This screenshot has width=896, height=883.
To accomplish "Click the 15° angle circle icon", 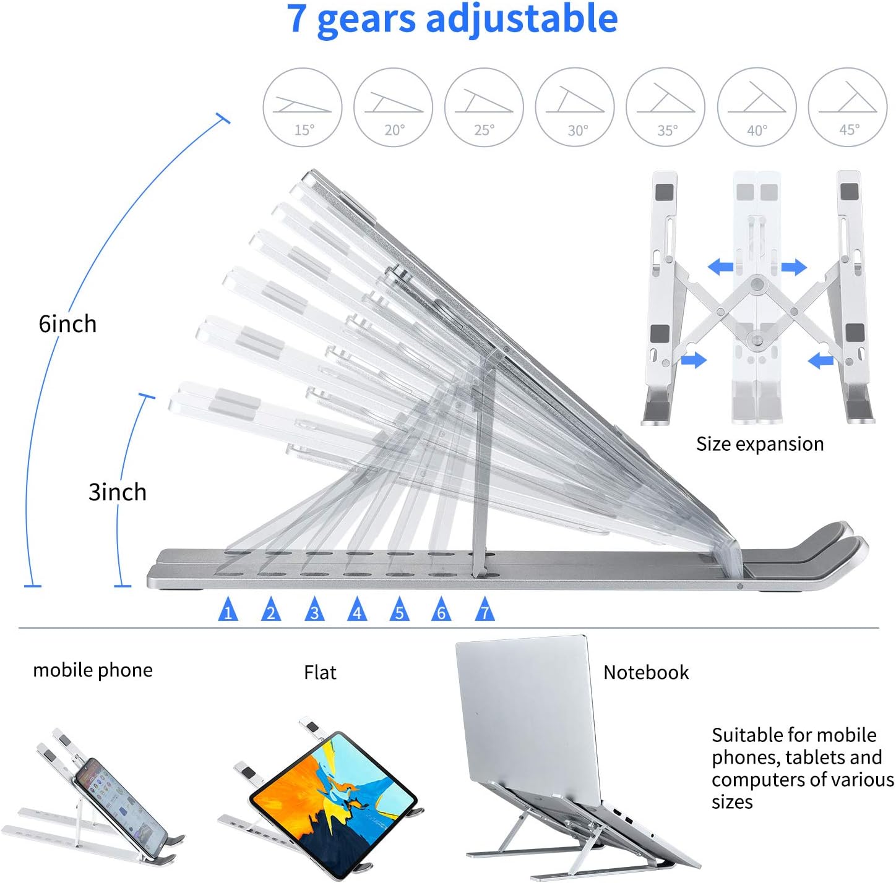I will point(303,107).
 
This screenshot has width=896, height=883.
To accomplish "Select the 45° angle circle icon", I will point(848,107).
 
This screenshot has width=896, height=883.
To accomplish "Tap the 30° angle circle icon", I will point(575,107).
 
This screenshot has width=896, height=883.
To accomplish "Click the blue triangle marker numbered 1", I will point(228,610).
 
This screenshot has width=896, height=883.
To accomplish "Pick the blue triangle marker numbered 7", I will point(485,610).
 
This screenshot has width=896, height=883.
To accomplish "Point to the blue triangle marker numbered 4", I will point(356,610).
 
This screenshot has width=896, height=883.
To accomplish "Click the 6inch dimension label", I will point(67,324).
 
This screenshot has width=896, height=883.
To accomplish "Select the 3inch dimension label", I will point(118,492).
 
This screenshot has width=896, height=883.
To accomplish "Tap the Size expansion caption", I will point(760,444).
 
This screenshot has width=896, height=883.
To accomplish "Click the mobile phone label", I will point(93,670).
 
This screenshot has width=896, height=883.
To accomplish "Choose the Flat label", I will point(320,673).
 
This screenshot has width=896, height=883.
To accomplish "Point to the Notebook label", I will point(646,673).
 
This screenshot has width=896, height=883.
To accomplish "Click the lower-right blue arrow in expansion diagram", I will point(821,359).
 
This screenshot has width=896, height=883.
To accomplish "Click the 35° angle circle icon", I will point(666,107).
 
